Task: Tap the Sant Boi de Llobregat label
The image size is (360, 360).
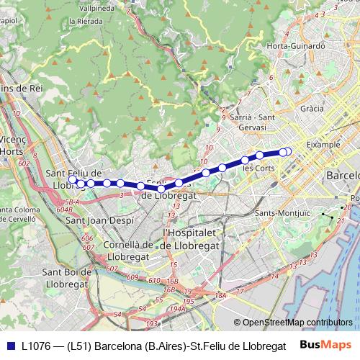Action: click(66, 278)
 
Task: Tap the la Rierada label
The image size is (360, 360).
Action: click(82, 22)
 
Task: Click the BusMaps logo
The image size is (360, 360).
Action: click(326, 345)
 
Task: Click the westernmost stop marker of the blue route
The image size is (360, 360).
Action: click(81, 184)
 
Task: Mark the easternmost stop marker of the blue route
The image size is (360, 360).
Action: click(288, 151)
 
